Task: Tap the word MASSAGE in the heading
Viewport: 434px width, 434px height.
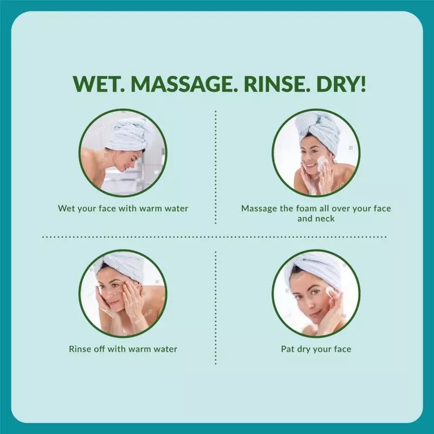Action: tap(182, 84)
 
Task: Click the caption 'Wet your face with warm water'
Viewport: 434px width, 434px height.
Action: tap(123, 208)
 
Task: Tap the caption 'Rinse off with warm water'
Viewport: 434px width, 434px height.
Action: tap(123, 349)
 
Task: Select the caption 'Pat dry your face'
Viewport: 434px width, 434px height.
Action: tap(316, 349)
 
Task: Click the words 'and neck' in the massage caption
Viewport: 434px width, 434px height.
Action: tap(316, 219)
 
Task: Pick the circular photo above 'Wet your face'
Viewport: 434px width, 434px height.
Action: tap(123, 153)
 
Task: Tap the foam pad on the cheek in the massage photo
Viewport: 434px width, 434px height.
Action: tap(321, 163)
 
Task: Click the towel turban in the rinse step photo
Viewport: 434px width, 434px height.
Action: tap(122, 267)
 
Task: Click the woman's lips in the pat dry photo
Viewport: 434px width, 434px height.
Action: tap(314, 315)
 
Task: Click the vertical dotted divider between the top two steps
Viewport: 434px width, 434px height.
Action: tap(215, 168)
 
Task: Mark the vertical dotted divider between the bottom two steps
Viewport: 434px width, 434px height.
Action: tap(215, 308)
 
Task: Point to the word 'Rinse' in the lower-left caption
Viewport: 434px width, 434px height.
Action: tap(79, 349)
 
